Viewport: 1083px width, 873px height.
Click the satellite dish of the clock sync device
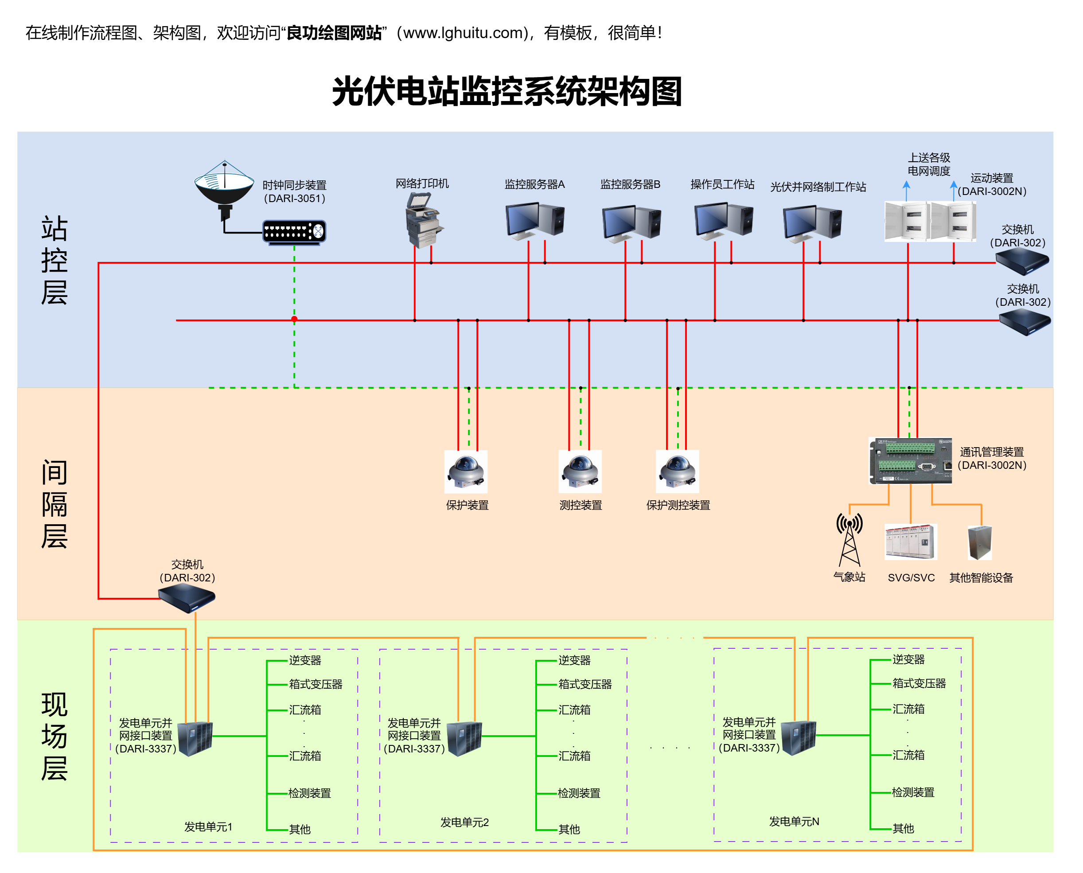click(225, 184)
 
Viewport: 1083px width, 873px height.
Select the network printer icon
click(423, 221)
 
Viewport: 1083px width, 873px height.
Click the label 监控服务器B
click(631, 184)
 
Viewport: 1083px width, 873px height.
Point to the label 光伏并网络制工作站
click(818, 187)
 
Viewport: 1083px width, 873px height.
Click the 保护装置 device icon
click(466, 472)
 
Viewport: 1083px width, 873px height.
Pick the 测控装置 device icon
click(580, 472)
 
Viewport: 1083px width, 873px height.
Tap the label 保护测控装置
click(678, 505)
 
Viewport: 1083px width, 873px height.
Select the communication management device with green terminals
click(911, 460)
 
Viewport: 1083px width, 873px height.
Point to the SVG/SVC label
click(911, 578)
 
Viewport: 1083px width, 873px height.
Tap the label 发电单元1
click(208, 827)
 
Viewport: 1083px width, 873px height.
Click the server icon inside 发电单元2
click(464, 739)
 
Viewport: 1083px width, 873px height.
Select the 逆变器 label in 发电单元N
click(908, 660)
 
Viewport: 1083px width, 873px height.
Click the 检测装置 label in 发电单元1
click(310, 794)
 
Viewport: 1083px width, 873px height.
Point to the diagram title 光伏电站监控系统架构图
click(507, 92)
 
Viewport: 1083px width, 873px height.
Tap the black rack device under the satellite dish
click(295, 232)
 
